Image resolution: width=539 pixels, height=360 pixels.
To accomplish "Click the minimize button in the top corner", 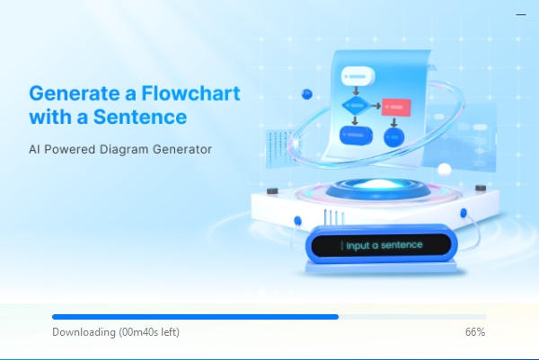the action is [521, 14].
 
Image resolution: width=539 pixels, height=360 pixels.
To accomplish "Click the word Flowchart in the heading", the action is [190, 93].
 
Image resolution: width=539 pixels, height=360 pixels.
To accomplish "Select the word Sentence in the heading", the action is [140, 117].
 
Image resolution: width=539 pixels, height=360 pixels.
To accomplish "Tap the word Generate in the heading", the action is [74, 93].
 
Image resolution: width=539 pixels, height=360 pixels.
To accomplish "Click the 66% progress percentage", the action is [475, 332].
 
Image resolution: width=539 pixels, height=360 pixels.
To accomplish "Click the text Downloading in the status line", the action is [84, 332].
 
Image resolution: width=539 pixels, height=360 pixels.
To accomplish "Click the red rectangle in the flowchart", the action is [396, 107].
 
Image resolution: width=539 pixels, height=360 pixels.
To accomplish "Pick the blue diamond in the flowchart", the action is [357, 105].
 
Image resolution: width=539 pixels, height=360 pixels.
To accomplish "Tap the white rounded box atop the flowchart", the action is [358, 76].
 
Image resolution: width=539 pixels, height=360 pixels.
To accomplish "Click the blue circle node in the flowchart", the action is [394, 136].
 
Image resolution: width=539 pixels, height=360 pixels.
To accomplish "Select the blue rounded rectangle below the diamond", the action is [356, 135].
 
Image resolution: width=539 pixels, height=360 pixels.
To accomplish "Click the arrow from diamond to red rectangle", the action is [376, 106].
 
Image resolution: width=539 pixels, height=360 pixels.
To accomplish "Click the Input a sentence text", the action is [384, 245].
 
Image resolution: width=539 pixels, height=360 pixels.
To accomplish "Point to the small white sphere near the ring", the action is [445, 170].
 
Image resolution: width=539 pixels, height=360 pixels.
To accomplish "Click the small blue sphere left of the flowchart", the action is [307, 94].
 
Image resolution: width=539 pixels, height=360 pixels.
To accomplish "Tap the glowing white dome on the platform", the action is [377, 185].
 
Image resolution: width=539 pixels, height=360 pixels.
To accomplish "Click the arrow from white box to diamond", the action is [356, 91].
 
